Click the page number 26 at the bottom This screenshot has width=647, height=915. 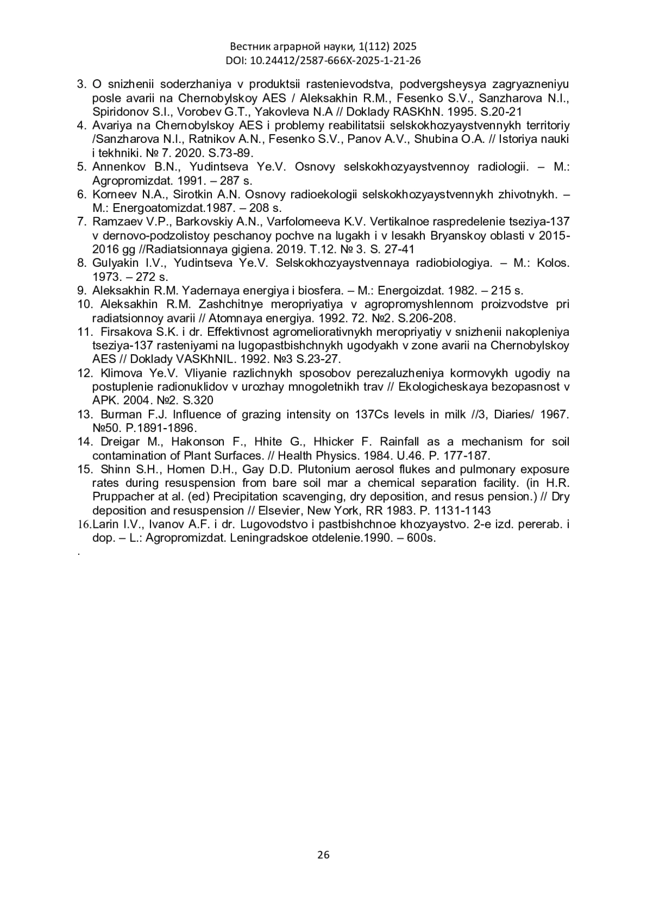point(323,854)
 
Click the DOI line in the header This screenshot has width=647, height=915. point(323,60)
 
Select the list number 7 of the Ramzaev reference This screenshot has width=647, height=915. point(82,222)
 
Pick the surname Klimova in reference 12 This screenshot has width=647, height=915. point(121,373)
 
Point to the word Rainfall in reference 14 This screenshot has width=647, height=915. point(402,442)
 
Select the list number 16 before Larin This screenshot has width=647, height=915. point(85,525)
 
